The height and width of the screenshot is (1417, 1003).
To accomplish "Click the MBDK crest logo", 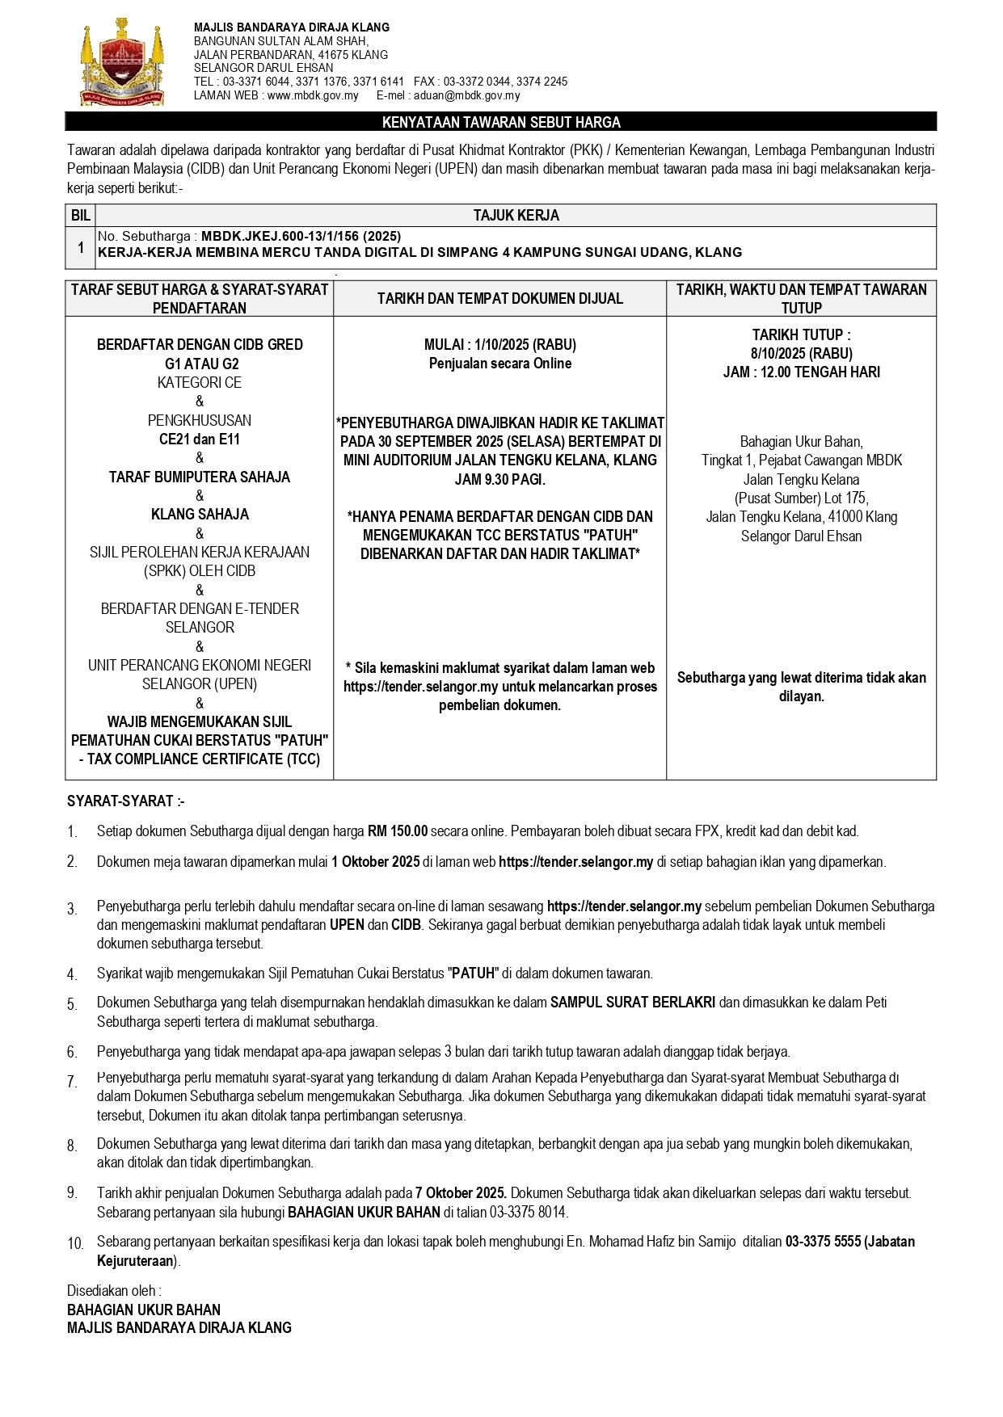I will coord(121,63).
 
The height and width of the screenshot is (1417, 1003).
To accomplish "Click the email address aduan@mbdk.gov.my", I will coord(466,95).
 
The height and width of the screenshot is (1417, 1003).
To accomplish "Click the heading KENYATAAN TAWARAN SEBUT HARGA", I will coord(501,123).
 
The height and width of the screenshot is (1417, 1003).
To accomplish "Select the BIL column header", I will coord(80,216).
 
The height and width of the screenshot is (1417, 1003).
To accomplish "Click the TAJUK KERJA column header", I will coord(516,216).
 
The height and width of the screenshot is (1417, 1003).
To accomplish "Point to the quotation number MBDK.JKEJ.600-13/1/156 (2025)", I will coord(301,236).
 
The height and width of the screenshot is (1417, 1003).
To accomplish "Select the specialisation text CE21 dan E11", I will coord(200,439).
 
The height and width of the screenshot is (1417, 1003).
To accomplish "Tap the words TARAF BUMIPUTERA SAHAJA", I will coord(200,477).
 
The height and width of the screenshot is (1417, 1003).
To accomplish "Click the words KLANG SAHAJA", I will coord(200,515).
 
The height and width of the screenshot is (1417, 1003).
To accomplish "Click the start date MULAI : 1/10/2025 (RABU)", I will coord(500,345).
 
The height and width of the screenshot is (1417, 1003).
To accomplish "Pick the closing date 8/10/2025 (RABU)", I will coord(801,353).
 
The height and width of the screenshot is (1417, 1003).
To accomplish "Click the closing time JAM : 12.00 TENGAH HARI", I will coord(801,372).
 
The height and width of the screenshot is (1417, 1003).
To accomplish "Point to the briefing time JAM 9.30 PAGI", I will coord(500,480).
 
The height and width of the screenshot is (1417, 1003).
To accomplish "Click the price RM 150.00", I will coord(398,831).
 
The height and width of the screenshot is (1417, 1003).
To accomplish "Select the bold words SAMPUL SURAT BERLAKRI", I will coord(633,1003).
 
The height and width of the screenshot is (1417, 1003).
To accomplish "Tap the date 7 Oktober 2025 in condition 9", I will coord(461,1193).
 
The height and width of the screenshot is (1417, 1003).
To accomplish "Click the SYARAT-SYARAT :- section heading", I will coord(126,801).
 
